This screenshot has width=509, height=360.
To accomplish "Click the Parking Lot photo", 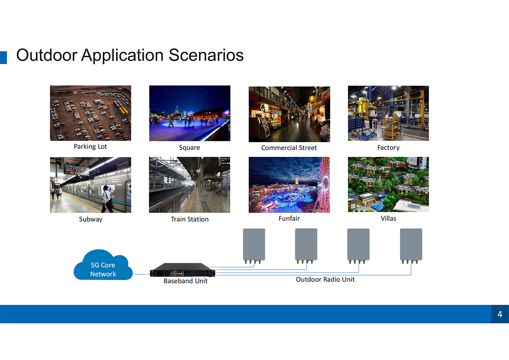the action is tap(90, 113).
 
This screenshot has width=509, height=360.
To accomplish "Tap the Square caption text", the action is tap(190, 148).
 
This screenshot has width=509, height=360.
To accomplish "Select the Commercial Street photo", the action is tap(289, 114).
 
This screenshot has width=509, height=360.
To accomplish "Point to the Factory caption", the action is tap(389, 148).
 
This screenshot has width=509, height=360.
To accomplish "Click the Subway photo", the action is tap(90, 185).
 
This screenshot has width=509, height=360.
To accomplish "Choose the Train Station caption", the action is tap(190, 219).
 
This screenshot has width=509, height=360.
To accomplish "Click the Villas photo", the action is tap(389, 184).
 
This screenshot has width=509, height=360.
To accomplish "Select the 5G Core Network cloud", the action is tap(103, 265).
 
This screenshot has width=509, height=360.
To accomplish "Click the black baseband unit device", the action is tap(182, 270).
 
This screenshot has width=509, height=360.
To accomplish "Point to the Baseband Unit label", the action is tap(185, 281).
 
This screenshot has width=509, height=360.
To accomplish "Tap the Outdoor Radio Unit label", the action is tap(325, 279).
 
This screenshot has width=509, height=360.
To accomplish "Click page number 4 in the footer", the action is tap(500, 314).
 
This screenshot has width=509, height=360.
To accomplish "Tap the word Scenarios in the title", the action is tap(206, 55).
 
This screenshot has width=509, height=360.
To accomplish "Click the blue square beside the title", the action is tap(3, 58).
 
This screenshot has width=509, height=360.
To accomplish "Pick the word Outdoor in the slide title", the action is tap(47, 55).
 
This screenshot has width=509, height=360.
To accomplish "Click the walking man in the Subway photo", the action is tap(107, 199).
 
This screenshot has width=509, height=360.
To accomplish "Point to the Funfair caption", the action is tap(289, 218).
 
